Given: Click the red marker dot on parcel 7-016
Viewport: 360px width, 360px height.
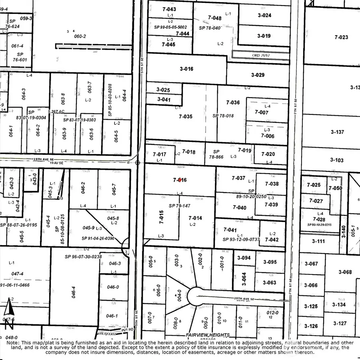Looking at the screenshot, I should click(180, 180).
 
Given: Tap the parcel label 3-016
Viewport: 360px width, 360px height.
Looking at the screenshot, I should click(186, 69).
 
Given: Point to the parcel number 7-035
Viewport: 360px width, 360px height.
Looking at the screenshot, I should click(186, 116).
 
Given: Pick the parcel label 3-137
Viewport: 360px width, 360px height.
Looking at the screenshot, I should click(337, 132).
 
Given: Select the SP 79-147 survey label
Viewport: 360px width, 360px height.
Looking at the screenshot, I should click(180, 206).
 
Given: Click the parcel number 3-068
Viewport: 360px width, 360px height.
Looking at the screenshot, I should click(344, 272).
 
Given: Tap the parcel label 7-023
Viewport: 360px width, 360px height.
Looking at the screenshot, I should click(341, 37).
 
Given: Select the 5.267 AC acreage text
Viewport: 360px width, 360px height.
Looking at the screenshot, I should click(56, 112).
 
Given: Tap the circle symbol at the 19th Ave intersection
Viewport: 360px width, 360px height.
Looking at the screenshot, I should click(138, 163).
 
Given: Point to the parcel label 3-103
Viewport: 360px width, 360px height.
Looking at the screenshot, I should click(336, 160).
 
